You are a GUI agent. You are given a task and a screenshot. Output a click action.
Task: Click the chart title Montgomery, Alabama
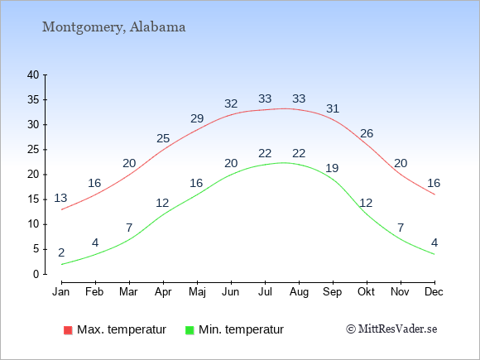[x=113, y=27]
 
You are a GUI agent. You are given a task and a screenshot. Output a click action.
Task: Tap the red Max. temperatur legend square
[x=68, y=330]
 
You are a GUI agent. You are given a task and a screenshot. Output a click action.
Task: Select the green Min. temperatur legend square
[x=190, y=330]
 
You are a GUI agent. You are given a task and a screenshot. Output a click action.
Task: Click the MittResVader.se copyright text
[x=391, y=329]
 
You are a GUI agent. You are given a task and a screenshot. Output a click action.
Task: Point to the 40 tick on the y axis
[x=33, y=74]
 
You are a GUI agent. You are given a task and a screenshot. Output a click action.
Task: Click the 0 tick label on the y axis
[x=36, y=274]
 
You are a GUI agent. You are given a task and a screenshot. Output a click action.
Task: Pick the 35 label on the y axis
[x=33, y=100]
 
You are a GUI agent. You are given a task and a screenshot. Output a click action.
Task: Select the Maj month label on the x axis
[x=197, y=292]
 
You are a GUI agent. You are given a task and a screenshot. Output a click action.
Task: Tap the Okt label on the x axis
[x=366, y=292]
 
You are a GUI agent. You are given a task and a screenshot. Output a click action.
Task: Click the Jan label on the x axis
[x=61, y=292]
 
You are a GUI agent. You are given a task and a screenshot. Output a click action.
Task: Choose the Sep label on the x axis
[x=333, y=292]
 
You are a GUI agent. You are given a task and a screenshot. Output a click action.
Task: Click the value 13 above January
[x=60, y=199]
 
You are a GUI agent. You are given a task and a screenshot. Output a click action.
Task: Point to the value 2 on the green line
[x=61, y=253]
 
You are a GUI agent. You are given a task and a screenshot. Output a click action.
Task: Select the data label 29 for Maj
[x=197, y=118]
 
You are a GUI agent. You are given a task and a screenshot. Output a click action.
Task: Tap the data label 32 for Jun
[x=231, y=103]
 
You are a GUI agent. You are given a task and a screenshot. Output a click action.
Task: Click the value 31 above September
[x=333, y=108]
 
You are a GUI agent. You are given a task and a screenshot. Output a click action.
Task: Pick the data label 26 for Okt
[x=367, y=133]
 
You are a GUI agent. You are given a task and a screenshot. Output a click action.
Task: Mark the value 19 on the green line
[x=332, y=168]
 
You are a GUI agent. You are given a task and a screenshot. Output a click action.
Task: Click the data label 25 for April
[x=163, y=139]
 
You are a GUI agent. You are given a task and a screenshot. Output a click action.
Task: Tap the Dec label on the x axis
[x=434, y=292]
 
